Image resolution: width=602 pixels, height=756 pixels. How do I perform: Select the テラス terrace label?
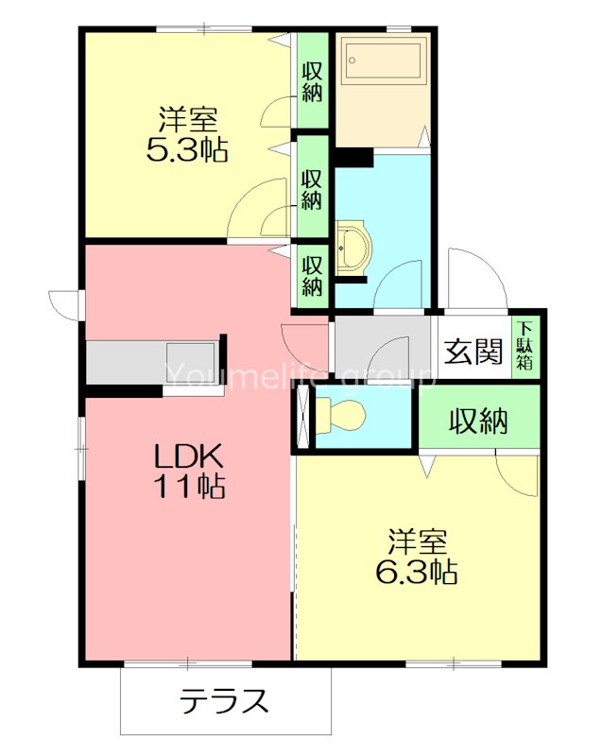(225, 701)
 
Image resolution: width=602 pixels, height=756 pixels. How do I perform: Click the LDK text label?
(189, 456)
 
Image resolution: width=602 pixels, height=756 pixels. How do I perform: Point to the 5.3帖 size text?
(188, 149)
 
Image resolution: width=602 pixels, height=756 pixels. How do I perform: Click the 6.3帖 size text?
(419, 571)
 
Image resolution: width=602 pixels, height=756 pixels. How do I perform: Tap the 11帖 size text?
(189, 488)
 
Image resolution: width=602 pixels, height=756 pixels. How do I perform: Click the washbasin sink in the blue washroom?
(353, 245)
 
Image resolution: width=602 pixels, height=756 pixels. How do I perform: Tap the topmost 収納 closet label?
(311, 81)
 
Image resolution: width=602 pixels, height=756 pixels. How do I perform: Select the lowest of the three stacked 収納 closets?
(311, 274)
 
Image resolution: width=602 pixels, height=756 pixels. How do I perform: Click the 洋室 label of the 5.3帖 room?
(188, 120)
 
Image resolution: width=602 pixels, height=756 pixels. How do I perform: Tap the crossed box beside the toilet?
(302, 417)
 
